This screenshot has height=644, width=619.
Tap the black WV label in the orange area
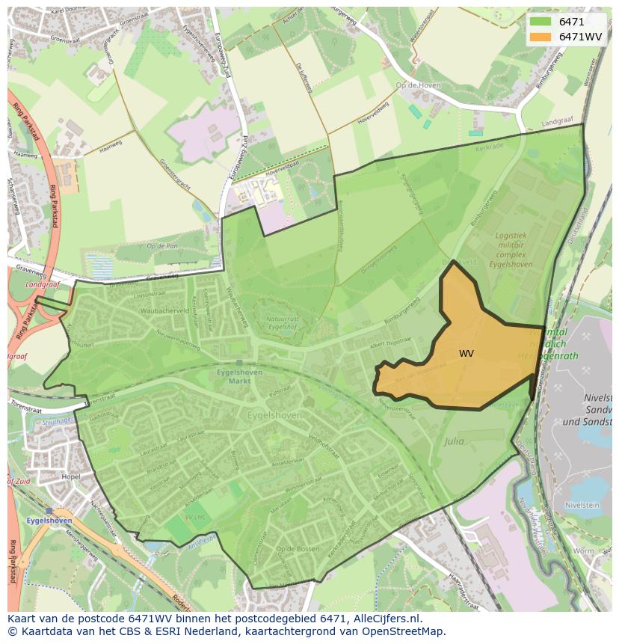pyautogui.click(x=466, y=353)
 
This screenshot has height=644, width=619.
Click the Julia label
pyautogui.click(x=454, y=441)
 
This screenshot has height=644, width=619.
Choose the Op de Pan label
pyautogui.click(x=161, y=245)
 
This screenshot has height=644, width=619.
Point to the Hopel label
pyautogui.click(x=71, y=476)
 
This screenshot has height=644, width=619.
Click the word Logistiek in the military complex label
pyautogui.click(x=511, y=235)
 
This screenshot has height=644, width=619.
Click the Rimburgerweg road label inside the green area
pyautogui.click(x=401, y=308)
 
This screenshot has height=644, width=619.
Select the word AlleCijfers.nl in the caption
pyautogui.click(x=387, y=619)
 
